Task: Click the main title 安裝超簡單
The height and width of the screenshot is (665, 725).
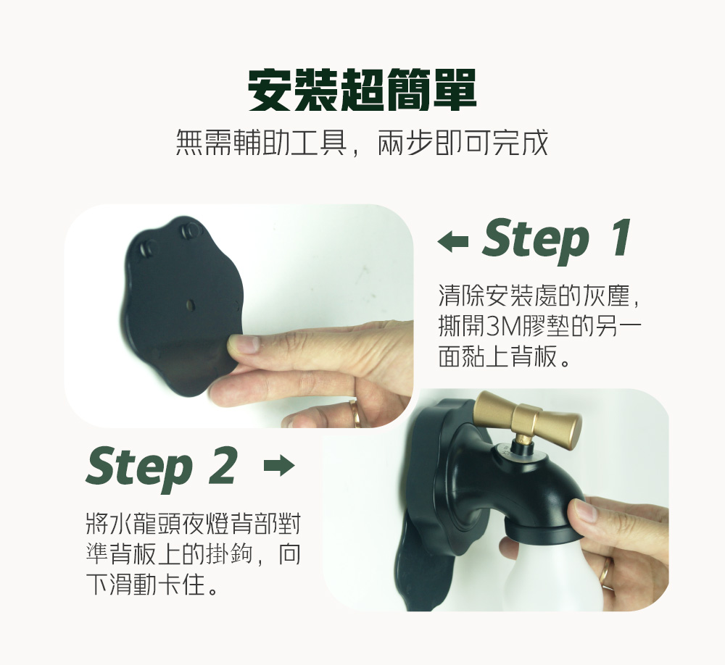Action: (362, 91)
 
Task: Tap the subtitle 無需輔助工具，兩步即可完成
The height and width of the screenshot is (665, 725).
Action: (362, 143)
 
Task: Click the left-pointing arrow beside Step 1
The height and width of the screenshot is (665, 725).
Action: (452, 241)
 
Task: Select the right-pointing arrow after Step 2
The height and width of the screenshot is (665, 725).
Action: (279, 466)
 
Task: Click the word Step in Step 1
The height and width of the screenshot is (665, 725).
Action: (535, 241)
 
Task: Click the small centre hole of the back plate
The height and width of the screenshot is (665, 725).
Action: (189, 304)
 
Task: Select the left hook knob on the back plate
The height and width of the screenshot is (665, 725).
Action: (148, 248)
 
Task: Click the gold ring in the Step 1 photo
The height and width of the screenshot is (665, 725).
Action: (355, 414)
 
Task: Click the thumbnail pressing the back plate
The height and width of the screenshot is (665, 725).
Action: (244, 344)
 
